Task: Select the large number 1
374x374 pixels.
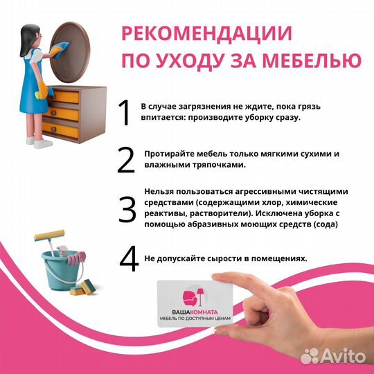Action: click(125, 114)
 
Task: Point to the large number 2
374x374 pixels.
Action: click(125, 160)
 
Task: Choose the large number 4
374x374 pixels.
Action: click(129, 258)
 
